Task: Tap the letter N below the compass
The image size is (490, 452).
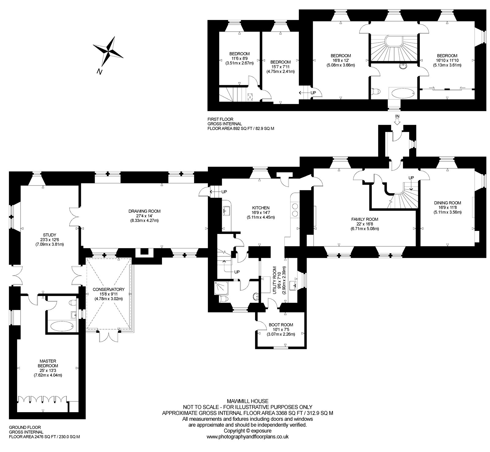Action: (x=99, y=72)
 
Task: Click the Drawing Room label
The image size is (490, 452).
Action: (x=145, y=211)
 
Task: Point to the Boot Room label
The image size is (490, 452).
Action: (x=281, y=325)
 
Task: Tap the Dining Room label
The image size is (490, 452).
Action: (x=447, y=203)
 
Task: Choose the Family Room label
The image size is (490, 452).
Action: (x=364, y=219)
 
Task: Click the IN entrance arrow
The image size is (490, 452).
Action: (x=397, y=121)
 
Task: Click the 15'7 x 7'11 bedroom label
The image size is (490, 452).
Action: (x=281, y=67)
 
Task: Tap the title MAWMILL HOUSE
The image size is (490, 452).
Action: (x=247, y=401)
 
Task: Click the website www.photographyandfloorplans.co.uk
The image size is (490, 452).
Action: (x=247, y=428)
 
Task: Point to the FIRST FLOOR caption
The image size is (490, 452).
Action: (x=220, y=119)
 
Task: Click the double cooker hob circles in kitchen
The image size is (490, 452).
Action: (x=296, y=209)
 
